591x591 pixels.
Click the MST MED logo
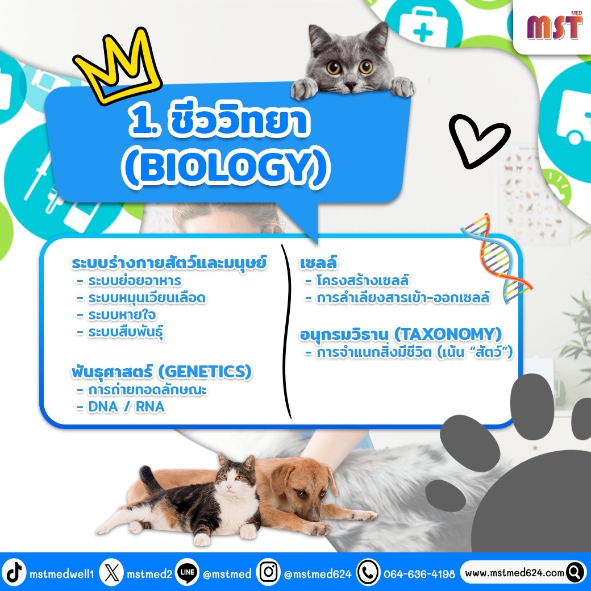[x=555, y=25]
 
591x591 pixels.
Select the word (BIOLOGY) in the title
[x=226, y=168]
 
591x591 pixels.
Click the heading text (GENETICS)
[x=205, y=372]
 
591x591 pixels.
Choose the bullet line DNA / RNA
[x=121, y=407]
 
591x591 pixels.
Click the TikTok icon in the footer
[x=14, y=572]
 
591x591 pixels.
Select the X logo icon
[x=111, y=572]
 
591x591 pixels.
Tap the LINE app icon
[x=188, y=572]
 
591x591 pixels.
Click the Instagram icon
[x=268, y=572]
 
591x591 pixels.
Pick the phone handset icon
[x=368, y=572]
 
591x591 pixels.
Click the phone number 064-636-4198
[x=419, y=573]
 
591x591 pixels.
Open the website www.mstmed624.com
[x=514, y=573]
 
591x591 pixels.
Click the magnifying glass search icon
[x=575, y=572]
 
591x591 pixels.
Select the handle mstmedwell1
[x=62, y=573]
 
